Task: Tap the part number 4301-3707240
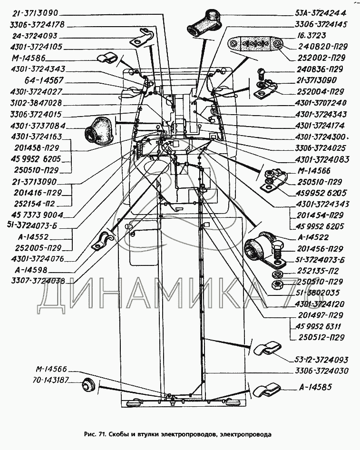tap(321, 103)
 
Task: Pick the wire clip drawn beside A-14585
tap(265, 391)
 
